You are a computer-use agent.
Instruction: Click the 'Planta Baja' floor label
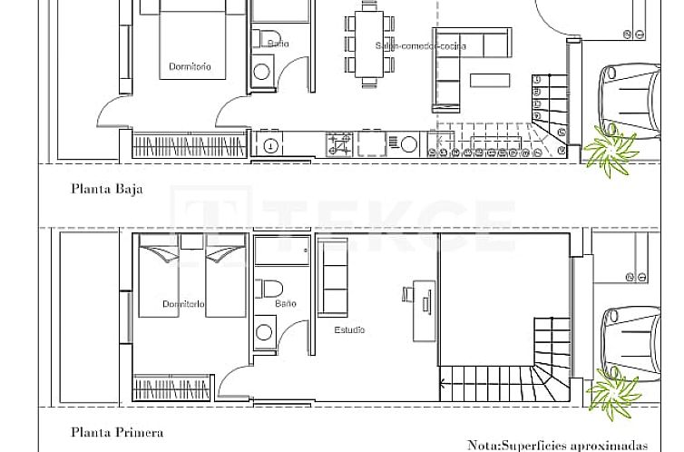pos(107,190)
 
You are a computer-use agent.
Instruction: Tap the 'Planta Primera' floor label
pos(116,433)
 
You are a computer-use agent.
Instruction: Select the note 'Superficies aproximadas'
pos(558,445)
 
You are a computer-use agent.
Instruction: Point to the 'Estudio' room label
pos(349,329)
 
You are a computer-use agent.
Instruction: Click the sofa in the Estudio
pos(332,278)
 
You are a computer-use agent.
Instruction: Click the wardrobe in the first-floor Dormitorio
pos(173,388)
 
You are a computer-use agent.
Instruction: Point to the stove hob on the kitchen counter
pos(339,143)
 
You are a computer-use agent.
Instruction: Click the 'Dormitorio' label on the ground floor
pos(190,66)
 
